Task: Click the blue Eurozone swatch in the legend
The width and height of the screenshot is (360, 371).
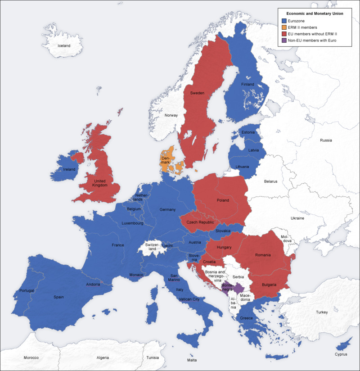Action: tap(283, 21)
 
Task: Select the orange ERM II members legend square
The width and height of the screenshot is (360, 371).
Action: tap(283, 27)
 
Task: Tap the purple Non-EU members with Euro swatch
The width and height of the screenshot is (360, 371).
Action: tap(283, 41)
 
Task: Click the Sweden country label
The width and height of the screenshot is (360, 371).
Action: tap(197, 93)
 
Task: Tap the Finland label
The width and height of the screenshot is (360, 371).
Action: tap(247, 85)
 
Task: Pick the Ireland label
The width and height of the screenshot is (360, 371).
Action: tap(69, 169)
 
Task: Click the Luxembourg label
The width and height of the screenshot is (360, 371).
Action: tap(132, 223)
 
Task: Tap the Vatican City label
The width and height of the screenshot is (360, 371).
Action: tap(189, 299)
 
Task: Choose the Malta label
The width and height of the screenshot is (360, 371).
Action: tap(192, 360)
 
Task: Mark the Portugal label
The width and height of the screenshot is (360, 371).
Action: tap(27, 290)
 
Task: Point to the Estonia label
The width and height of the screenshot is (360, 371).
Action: tap(248, 132)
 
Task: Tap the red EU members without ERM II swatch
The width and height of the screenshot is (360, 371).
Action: tap(283, 34)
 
